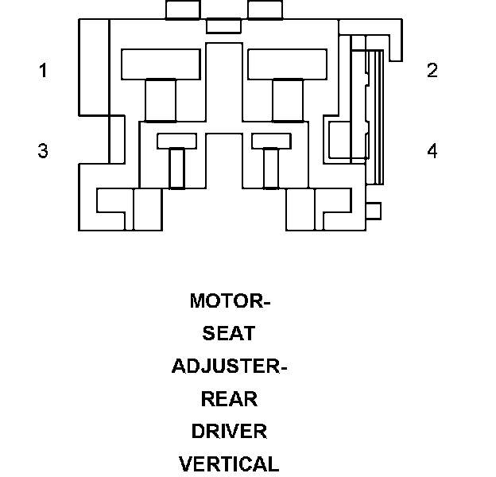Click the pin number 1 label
(x=43, y=71)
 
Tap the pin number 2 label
(x=432, y=71)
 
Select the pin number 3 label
(x=43, y=150)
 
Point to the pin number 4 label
(x=432, y=150)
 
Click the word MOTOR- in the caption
(x=230, y=301)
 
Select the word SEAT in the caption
(x=229, y=334)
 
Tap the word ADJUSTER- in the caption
(x=229, y=366)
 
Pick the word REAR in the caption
(x=229, y=399)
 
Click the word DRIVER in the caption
(x=229, y=432)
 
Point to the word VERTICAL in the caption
(x=229, y=464)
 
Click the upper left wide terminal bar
(x=160, y=64)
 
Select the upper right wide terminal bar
(x=287, y=64)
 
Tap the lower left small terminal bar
(x=176, y=141)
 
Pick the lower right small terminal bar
(x=271, y=141)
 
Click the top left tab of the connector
(x=183, y=10)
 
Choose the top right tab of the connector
(x=265, y=10)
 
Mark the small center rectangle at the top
(x=223, y=25)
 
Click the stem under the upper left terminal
(x=161, y=99)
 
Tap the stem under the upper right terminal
(x=288, y=99)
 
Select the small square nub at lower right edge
(x=373, y=211)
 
